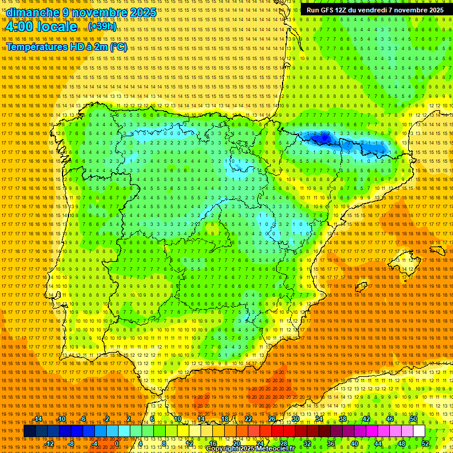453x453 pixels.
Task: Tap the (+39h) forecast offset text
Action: pos(103,27)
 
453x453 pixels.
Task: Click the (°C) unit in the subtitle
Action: pos(118,47)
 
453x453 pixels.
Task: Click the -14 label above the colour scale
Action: pos(38,419)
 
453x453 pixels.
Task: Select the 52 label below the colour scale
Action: pos(425,444)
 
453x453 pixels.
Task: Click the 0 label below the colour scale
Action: pos(117,444)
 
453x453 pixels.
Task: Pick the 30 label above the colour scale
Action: pos(295,419)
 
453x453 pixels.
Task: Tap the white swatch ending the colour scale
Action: pos(419,431)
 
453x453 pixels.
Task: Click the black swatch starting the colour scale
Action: pos(29,431)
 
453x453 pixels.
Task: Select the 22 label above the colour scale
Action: pos(248,419)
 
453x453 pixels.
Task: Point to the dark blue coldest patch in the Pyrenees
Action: pos(321,139)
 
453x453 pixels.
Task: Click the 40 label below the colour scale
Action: pos(354,444)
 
